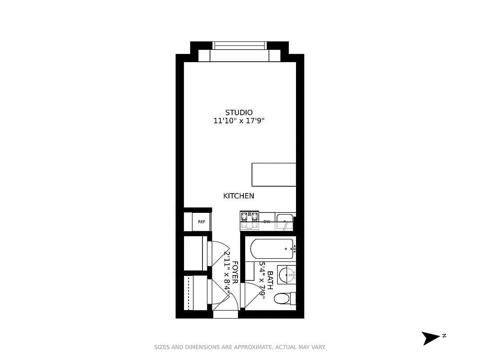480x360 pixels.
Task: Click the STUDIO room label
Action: [x=239, y=112]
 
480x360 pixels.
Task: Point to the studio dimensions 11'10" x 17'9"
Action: [x=239, y=121]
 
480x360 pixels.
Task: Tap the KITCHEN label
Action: [x=238, y=196]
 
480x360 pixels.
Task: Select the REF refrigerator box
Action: [x=202, y=222]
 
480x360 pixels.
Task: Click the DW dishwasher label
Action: [x=267, y=222]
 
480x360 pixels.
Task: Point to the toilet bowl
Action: [x=282, y=298]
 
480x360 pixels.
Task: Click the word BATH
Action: [x=270, y=280]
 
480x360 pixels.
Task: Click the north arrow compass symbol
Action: [x=431, y=337]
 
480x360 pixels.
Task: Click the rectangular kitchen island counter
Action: [x=274, y=175]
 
